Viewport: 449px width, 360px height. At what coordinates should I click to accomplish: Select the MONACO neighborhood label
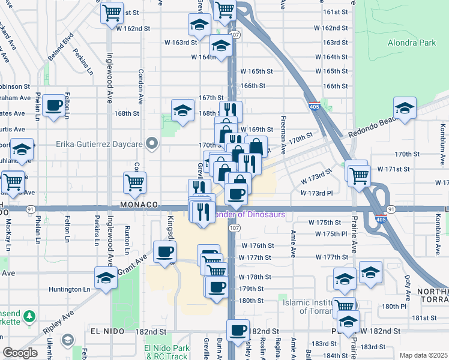pos(139,204)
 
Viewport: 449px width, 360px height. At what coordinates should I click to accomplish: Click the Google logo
pos(20,353)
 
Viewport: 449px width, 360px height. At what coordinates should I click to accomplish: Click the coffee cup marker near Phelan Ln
pos(54,106)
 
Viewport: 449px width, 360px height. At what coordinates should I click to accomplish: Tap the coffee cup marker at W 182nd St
pos(238,330)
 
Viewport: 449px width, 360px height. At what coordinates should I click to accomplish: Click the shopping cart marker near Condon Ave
pos(135,182)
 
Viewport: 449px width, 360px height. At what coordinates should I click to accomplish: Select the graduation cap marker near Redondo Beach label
pos(405,109)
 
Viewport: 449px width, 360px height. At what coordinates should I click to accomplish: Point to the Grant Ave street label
pos(133,264)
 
